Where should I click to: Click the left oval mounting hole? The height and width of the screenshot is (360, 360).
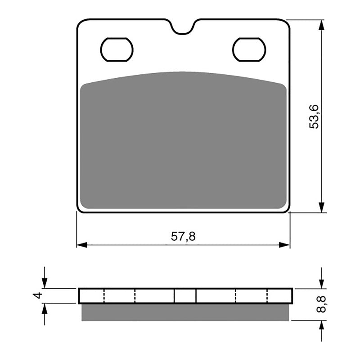(117, 49)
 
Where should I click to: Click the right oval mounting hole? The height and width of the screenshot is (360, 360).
(249, 49)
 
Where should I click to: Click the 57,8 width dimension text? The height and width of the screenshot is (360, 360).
(183, 236)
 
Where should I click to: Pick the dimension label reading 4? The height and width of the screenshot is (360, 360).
(38, 296)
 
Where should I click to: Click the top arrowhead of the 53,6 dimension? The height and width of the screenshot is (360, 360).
(321, 25)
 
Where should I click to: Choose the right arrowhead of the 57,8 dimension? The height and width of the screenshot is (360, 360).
(284, 245)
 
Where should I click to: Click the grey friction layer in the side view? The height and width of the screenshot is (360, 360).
(185, 312)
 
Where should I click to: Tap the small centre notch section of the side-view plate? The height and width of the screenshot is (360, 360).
(185, 296)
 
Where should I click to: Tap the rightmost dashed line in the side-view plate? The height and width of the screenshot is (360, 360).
(268, 296)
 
